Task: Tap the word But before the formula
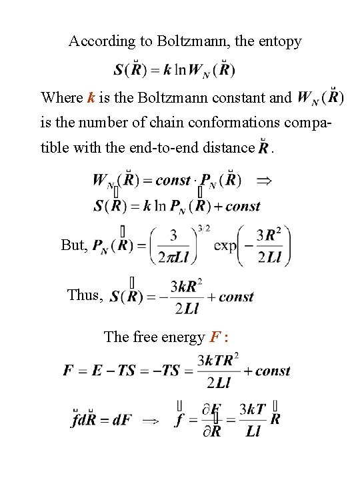73,245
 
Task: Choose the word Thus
84,295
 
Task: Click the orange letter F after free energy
215,337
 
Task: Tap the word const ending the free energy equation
273,371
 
